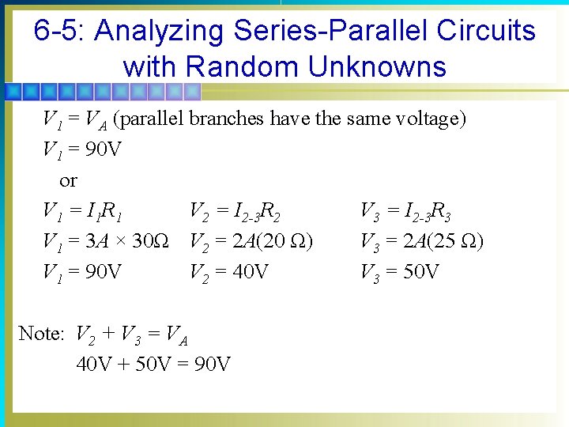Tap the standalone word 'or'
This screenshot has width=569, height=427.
[x=68, y=180]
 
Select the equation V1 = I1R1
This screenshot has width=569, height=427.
[x=82, y=211]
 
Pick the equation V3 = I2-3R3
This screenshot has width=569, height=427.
[x=406, y=211]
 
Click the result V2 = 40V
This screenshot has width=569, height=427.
[x=229, y=272]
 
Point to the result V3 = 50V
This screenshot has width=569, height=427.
[x=400, y=272]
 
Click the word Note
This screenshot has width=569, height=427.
[x=40, y=334]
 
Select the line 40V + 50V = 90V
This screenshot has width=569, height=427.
[x=153, y=364]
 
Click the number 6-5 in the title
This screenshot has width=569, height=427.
[x=60, y=32]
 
